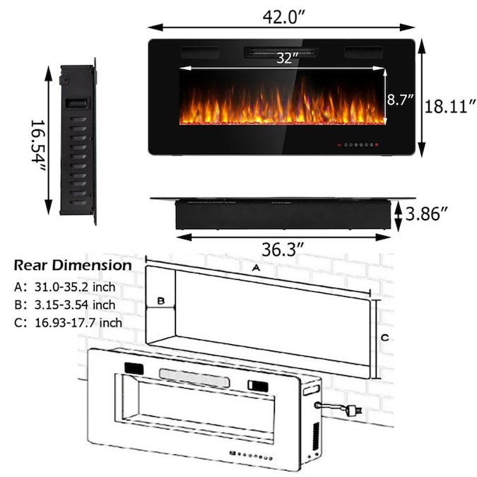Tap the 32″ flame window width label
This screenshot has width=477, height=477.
[285, 59]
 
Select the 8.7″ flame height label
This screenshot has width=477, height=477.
[399, 100]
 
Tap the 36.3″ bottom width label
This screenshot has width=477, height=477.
[281, 249]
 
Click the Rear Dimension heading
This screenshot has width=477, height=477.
[73, 266]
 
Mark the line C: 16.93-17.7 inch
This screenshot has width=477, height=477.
[68, 322]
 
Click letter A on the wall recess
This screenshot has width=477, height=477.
[255, 269]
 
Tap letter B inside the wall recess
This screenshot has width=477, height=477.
[160, 301]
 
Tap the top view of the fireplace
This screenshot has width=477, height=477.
[283, 213]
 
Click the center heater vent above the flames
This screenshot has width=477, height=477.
[281, 52]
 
